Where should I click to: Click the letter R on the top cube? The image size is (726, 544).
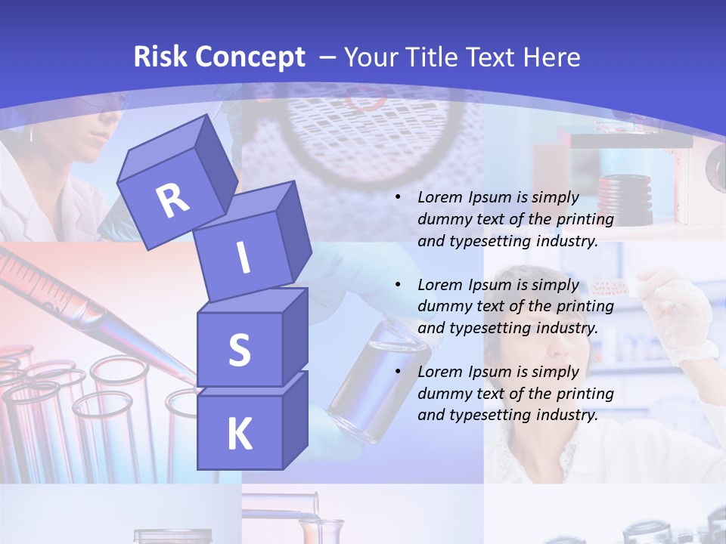point(173,200)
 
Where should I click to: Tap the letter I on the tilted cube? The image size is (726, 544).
point(243,258)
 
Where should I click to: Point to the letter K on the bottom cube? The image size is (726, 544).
point(239,434)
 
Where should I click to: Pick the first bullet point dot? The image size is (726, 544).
point(398,198)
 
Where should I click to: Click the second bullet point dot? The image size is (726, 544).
point(398,285)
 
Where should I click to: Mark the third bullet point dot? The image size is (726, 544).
point(398,372)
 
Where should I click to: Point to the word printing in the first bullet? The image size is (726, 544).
point(585,220)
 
